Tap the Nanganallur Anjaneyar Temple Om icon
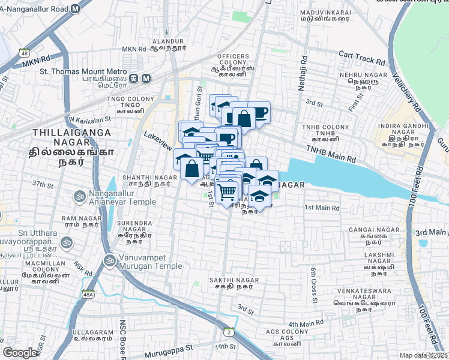point(79,196)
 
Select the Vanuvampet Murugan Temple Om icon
point(109,260)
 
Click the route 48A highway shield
point(88,294)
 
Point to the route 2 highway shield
point(229,332)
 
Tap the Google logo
point(20,353)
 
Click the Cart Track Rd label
point(362,57)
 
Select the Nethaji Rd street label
point(304,75)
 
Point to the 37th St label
point(43,184)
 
